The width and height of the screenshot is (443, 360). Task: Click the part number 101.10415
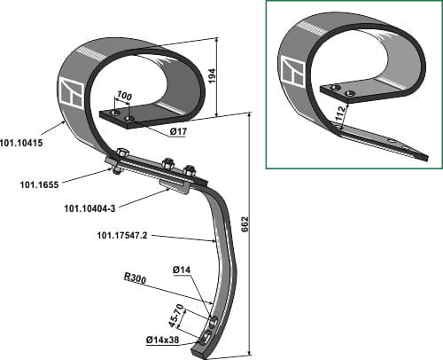coord(21,143)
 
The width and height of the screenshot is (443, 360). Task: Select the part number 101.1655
coord(39,185)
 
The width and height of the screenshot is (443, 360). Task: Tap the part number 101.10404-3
coord(89,208)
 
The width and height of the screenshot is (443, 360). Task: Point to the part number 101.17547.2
coord(122,236)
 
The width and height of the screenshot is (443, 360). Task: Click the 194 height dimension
coord(213,75)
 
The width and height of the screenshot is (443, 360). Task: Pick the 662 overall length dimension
coord(245,224)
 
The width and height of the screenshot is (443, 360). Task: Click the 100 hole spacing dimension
coord(124,96)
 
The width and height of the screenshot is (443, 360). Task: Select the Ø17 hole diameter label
coord(178,131)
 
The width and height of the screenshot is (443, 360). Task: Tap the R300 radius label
coord(135,278)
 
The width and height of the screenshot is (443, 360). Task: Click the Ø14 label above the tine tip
coord(182,270)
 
